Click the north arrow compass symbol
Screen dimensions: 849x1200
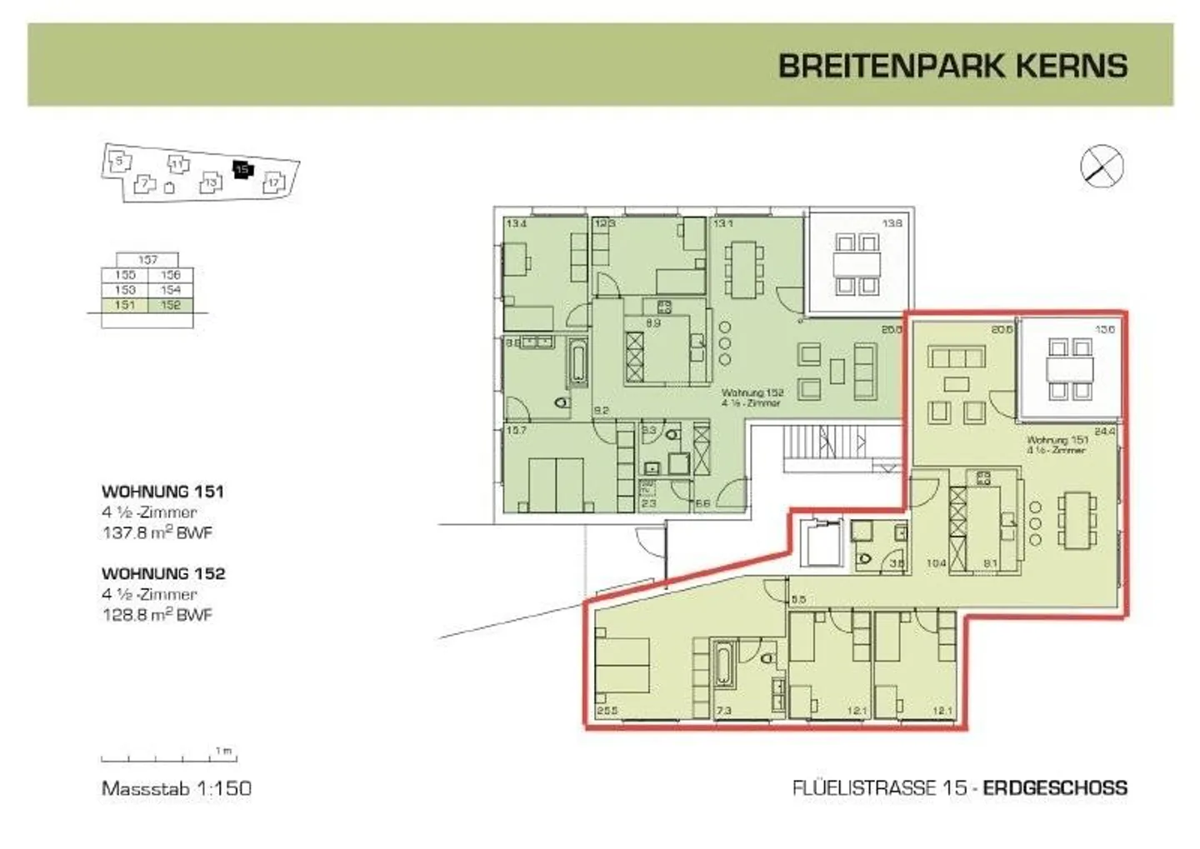click(x=1102, y=165)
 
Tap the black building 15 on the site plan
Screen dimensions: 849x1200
click(x=242, y=169)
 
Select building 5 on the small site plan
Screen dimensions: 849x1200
click(x=120, y=161)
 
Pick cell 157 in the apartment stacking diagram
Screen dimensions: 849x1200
click(x=147, y=260)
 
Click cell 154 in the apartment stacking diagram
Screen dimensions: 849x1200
click(x=170, y=290)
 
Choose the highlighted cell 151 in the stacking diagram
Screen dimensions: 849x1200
click(x=124, y=305)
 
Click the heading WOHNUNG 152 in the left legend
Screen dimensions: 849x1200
click(x=163, y=573)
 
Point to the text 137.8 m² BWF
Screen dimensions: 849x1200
click(x=157, y=532)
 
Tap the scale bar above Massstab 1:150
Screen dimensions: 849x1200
click(x=168, y=758)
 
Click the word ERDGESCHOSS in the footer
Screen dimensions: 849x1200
click(x=1055, y=787)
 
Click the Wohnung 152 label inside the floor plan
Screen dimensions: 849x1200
click(x=751, y=397)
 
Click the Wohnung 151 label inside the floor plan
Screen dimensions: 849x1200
click(x=1057, y=444)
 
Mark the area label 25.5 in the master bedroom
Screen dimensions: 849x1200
click(x=607, y=711)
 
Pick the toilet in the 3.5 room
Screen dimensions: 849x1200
click(x=865, y=558)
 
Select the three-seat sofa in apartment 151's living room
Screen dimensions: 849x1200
click(x=957, y=358)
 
